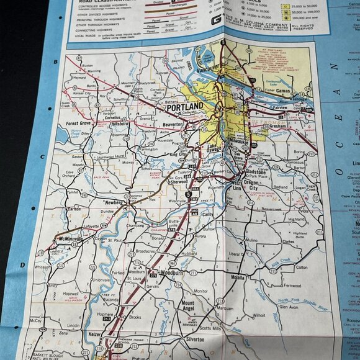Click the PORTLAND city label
click(x=184, y=108)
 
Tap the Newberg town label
click(x=113, y=202)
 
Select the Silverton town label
click(x=197, y=341)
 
